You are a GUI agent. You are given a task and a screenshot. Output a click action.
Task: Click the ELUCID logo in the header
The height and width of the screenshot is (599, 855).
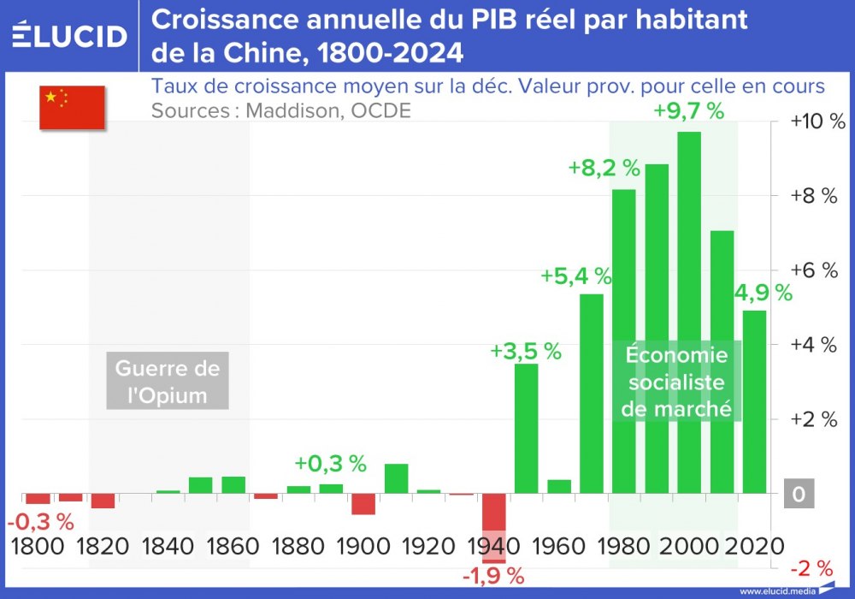pyautogui.click(x=69, y=35)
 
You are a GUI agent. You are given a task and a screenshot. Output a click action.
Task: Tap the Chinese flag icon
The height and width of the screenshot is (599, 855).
pyautogui.click(x=72, y=108)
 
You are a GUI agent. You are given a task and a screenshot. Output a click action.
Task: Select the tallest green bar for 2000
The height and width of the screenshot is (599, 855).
pyautogui.click(x=689, y=312)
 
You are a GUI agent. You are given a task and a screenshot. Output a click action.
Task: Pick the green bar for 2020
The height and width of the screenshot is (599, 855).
pyautogui.click(x=754, y=401)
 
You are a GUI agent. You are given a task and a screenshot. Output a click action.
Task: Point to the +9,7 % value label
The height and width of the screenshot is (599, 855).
pyautogui.click(x=689, y=111)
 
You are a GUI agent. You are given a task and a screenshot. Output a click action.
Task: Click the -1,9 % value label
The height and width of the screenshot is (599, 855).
pyautogui.click(x=493, y=576)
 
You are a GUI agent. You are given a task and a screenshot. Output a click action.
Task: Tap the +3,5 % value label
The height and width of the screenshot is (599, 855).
pyautogui.click(x=526, y=351)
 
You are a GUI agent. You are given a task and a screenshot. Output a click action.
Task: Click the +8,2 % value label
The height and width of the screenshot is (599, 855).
pyautogui.click(x=604, y=168)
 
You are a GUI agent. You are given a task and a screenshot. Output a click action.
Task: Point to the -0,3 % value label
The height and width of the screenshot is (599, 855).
pyautogui.click(x=41, y=521)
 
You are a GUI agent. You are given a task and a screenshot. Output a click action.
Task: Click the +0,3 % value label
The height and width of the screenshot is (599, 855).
pyautogui.click(x=330, y=464)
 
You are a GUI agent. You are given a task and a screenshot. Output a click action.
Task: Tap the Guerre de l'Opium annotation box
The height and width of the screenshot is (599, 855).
pyautogui.click(x=168, y=382)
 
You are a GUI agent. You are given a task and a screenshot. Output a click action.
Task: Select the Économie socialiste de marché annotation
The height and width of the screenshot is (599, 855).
pyautogui.click(x=676, y=382)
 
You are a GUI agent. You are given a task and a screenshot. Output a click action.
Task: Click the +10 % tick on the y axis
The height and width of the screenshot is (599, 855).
pyautogui.click(x=817, y=122)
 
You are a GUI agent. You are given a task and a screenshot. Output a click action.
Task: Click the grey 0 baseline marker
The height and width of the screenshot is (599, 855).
pyautogui.click(x=797, y=495)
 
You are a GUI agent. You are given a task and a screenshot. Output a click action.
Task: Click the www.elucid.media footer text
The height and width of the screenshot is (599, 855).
pyautogui.click(x=776, y=590)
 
